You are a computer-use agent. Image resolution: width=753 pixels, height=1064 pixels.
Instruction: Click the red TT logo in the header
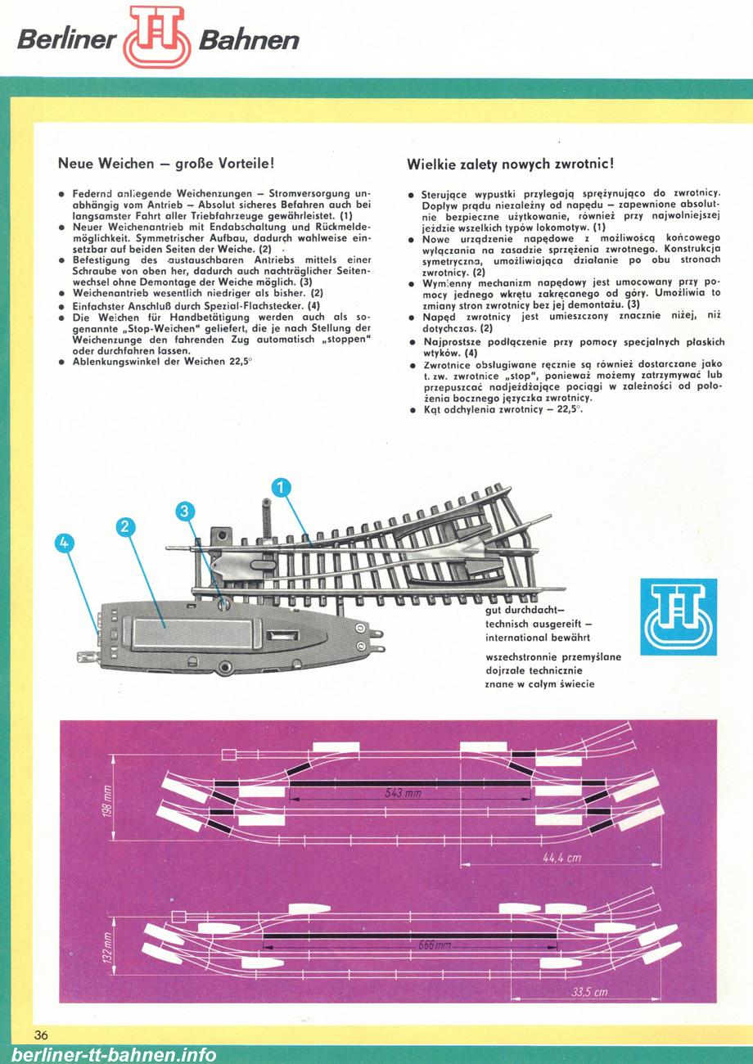click(x=157, y=37)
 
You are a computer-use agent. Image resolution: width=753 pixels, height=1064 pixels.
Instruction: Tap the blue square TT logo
click(x=679, y=616)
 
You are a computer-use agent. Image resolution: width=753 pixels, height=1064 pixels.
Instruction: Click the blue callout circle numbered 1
click(x=282, y=488)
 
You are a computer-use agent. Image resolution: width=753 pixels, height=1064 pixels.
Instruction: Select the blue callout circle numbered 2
click(x=125, y=527)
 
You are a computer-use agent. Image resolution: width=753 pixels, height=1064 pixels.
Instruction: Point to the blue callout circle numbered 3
click(x=185, y=512)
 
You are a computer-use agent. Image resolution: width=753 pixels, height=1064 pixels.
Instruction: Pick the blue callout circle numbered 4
click(x=65, y=543)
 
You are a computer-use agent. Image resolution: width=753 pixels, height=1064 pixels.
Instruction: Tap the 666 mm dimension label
click(x=435, y=945)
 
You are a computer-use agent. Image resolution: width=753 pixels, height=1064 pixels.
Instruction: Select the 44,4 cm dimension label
click(x=562, y=858)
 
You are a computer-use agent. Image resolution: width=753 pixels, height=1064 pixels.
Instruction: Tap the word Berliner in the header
click(x=67, y=40)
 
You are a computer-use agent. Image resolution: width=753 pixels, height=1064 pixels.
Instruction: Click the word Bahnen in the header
click(x=249, y=40)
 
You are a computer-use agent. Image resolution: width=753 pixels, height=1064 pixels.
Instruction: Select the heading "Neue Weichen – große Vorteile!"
click(x=166, y=164)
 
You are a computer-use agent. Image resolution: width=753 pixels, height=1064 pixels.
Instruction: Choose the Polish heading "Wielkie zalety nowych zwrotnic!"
click(x=510, y=165)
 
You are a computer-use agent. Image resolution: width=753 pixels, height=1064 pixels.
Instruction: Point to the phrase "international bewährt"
click(x=538, y=638)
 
